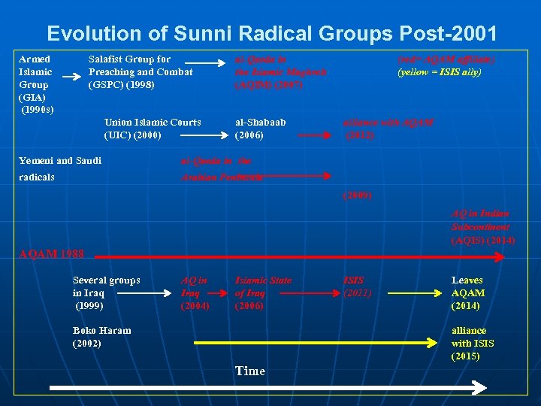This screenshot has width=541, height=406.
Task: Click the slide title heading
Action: [271, 34]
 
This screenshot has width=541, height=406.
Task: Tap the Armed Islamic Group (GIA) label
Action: [35, 84]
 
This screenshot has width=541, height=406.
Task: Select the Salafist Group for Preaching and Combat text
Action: [141, 71]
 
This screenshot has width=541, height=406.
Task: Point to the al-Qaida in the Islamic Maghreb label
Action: [280, 71]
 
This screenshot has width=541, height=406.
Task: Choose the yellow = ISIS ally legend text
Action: [440, 72]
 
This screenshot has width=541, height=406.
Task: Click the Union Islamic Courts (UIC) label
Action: [153, 129]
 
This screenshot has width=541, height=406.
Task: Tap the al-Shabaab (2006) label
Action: [260, 129]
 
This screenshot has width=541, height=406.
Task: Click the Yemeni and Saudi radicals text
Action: [59, 168]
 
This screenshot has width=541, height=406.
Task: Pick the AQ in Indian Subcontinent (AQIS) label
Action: [482, 227]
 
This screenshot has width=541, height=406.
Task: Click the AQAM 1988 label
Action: [51, 253]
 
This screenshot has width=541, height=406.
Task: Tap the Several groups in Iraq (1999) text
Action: [106, 293]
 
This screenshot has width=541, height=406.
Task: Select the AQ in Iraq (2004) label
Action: [195, 293]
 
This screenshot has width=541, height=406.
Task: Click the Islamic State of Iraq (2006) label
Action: [263, 293]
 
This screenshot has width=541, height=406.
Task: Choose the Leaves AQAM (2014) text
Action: [468, 293]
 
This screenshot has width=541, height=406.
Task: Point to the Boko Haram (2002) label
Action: [101, 337]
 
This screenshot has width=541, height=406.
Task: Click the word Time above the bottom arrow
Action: [249, 371]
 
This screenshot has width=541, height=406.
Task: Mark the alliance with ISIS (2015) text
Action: [473, 343]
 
